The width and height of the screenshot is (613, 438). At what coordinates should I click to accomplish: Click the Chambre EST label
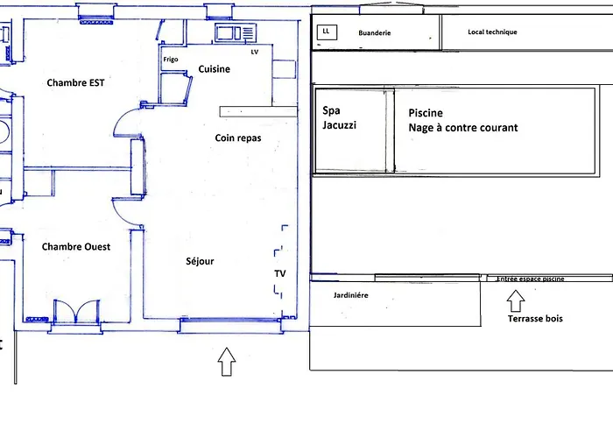pyautogui.click(x=75, y=83)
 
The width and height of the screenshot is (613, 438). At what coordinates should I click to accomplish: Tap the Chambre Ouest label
pyautogui.click(x=76, y=247)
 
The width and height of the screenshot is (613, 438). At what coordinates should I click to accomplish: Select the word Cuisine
pyautogui.click(x=215, y=69)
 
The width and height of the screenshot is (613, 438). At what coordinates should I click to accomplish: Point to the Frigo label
pyautogui.click(x=171, y=60)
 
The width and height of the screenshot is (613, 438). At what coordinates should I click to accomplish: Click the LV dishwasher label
pyautogui.click(x=255, y=52)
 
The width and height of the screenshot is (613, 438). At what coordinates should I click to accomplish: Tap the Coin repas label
pyautogui.click(x=238, y=138)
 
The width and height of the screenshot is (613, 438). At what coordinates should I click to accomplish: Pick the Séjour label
pyautogui.click(x=200, y=261)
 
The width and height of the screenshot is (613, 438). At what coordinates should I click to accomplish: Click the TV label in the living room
pyautogui.click(x=280, y=273)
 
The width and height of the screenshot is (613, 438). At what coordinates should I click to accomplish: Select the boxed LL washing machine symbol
pyautogui.click(x=327, y=32)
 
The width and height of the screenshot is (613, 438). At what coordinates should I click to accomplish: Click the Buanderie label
pyautogui.click(x=375, y=33)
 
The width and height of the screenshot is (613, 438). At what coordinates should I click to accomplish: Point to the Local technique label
pyautogui.click(x=492, y=32)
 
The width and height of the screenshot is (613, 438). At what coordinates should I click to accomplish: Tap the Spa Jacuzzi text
pyautogui.click(x=340, y=117)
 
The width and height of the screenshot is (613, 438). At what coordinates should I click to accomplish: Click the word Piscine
pyautogui.click(x=426, y=113)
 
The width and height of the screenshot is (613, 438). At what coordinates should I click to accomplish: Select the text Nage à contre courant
pyautogui.click(x=463, y=128)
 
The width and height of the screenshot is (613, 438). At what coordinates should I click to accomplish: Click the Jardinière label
pyautogui.click(x=350, y=295)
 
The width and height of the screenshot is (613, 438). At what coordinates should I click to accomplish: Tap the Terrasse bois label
pyautogui.click(x=535, y=319)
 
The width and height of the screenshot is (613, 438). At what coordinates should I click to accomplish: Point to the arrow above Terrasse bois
pyautogui.click(x=516, y=301)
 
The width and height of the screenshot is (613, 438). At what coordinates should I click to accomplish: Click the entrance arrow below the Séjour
pyautogui.click(x=227, y=362)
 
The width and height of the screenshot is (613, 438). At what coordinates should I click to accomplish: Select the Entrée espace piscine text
pyautogui.click(x=530, y=279)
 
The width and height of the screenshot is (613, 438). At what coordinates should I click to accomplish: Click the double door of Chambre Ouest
pyautogui.click(x=77, y=312)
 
